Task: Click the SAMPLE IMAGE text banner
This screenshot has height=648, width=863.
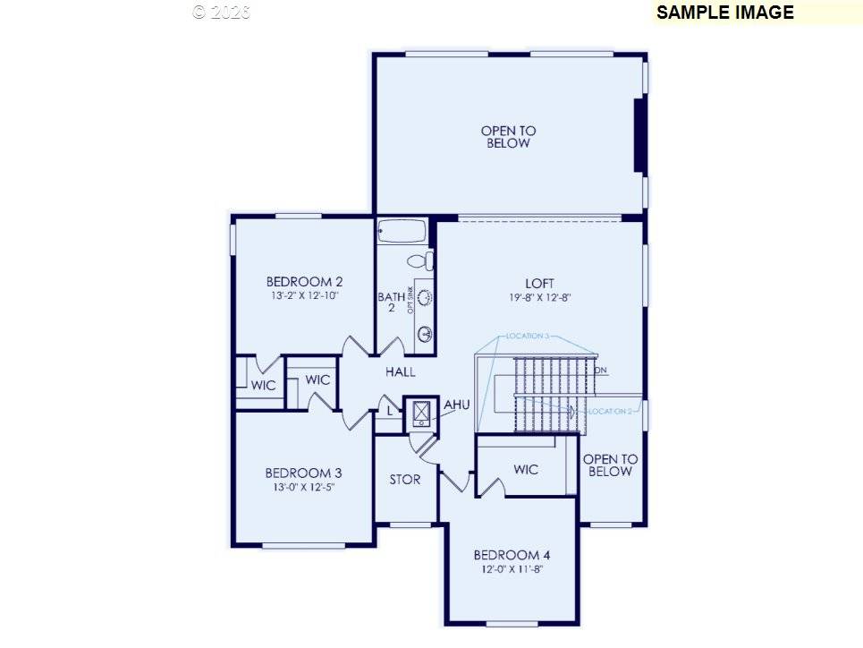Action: pos(724,13)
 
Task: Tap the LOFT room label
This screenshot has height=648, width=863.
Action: pos(540,284)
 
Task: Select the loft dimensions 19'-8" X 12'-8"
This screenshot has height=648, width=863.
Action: pos(540,298)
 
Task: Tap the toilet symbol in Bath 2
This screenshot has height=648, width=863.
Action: pos(419,261)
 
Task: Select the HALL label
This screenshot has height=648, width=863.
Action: pos(400,371)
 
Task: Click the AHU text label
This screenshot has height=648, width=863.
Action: pos(456,405)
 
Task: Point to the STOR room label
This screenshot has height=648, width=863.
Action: pos(405,480)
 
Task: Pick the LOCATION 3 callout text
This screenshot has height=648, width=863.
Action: pos(527,337)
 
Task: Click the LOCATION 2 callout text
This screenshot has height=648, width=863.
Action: pos(611,411)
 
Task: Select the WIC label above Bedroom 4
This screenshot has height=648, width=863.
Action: pos(527,469)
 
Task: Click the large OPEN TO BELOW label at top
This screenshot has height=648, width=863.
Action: pos(508,137)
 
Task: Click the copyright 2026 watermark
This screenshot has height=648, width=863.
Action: pos(222,12)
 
